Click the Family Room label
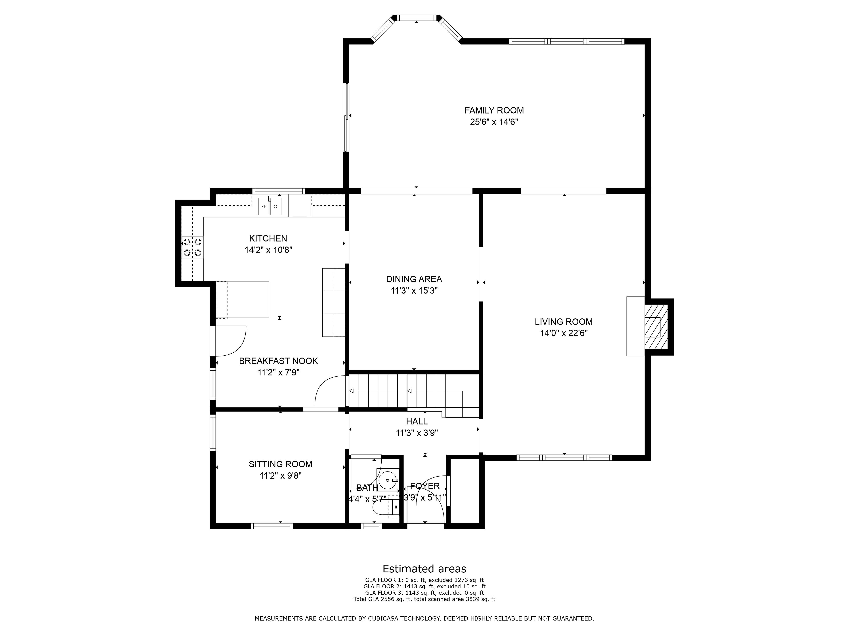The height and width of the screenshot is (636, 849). pos(494,110)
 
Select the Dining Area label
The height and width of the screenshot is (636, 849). pos(414,279)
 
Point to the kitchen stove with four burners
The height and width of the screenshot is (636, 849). pos(192,247)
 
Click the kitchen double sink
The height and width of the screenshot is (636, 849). pos(270,207)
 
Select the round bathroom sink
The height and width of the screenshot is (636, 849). pos(388,480)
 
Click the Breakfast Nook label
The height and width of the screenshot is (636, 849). pos(278,361)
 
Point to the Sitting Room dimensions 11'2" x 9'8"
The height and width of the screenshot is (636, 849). pos(281,476)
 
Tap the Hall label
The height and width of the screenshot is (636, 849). pos(417,421)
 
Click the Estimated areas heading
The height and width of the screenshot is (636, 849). pos(424,568)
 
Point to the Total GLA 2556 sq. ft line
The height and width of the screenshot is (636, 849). pos(424,599)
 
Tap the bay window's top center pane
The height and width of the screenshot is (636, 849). pos(417,18)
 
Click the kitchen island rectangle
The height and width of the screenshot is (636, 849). pos(242,299)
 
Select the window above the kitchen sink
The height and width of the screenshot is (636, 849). pos(279,191)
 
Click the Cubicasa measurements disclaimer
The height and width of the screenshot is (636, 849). pos(424,618)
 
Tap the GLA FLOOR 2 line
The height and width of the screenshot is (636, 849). pos(424,586)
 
